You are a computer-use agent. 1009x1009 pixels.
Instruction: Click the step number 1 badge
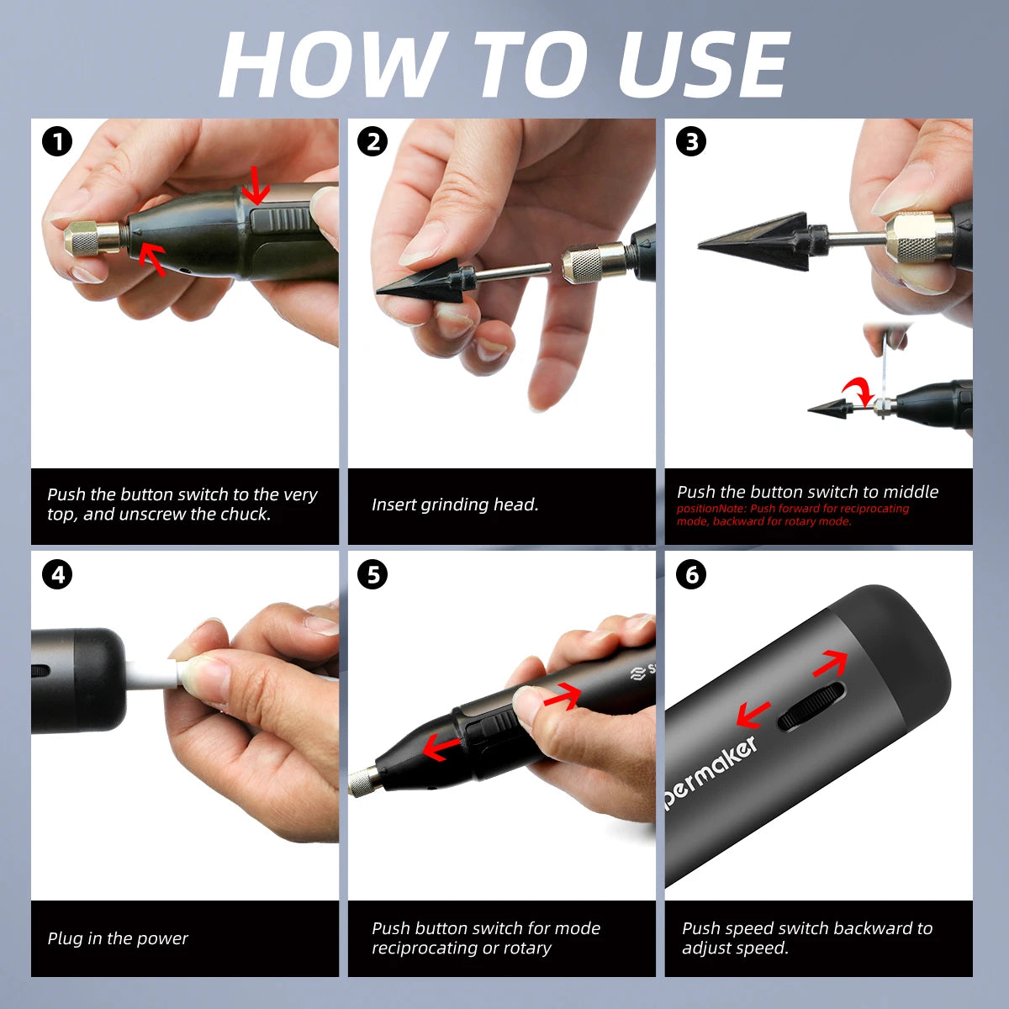tap(57, 142)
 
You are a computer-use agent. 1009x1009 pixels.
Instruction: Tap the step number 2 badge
tap(372, 142)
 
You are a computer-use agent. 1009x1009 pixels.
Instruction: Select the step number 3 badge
tap(690, 142)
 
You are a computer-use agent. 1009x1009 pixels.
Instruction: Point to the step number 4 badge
tap(57, 574)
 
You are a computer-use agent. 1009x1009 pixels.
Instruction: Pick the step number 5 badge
tap(372, 574)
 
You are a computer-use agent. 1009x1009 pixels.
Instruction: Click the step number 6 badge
tap(690, 574)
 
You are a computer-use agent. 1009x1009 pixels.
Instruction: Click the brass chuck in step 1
tap(94, 238)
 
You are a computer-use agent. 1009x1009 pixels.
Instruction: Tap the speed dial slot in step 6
tap(811, 706)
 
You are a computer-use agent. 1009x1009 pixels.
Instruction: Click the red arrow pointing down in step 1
tap(256, 185)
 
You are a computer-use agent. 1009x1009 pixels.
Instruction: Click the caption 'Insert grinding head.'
tap(455, 504)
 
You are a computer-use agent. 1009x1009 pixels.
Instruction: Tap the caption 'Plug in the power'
tap(117, 938)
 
